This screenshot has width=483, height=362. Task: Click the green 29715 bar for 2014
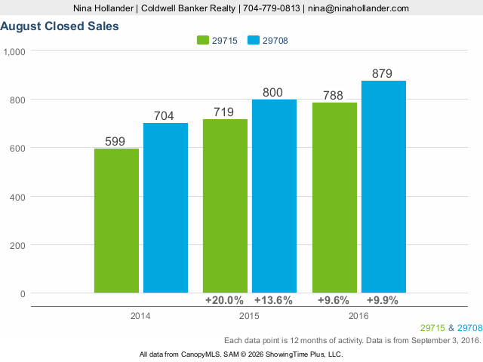point(116,220)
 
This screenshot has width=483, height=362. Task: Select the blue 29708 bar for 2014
point(165,207)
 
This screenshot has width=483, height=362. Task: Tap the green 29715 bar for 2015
point(225,205)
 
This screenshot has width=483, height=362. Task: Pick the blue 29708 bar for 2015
point(274,195)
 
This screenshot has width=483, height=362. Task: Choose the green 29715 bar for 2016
point(334,198)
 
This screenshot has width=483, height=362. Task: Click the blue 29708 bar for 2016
point(383,186)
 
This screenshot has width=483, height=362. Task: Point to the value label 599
point(115,141)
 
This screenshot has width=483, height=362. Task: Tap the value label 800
point(272,93)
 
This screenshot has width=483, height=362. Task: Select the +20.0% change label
point(224,300)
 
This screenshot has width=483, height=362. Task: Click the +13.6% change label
point(274,300)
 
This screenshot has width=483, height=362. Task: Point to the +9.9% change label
point(382,300)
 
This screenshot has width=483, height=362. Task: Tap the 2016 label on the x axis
point(358,314)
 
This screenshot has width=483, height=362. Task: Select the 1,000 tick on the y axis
point(14,51)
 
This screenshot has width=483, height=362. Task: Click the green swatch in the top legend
point(204,40)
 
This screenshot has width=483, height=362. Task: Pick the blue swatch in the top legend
point(253,40)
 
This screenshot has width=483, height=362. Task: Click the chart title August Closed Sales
point(59,26)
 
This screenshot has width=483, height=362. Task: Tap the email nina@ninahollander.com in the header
point(358,8)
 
